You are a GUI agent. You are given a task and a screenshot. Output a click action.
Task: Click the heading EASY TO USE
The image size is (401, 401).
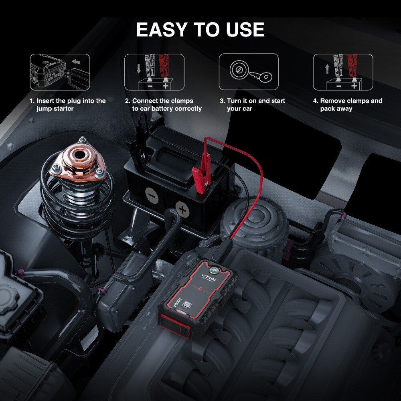(200, 29)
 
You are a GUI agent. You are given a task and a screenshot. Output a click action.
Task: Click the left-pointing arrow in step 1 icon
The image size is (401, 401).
(76, 62)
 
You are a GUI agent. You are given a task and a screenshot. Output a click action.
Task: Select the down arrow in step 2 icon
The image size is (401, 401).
(139, 69)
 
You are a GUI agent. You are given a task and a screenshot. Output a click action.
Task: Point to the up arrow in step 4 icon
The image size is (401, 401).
(327, 69)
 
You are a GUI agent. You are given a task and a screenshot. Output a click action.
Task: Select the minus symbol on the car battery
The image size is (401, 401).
(152, 196)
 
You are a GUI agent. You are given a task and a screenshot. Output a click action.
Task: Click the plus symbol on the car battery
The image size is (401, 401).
(182, 210)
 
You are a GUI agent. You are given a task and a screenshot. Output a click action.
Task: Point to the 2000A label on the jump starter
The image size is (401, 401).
(177, 302)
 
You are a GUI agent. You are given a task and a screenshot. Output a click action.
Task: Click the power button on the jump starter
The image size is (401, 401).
(188, 305)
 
